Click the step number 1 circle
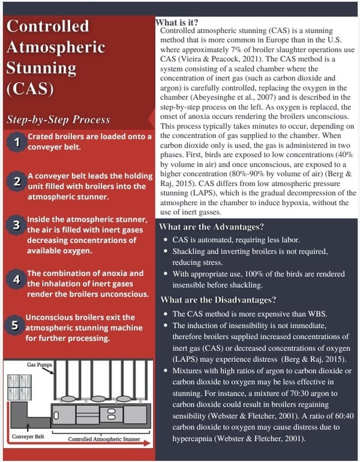(x=18, y=142)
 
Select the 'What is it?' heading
(x=176, y=22)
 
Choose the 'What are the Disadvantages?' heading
(x=218, y=299)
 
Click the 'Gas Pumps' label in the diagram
(x=40, y=364)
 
